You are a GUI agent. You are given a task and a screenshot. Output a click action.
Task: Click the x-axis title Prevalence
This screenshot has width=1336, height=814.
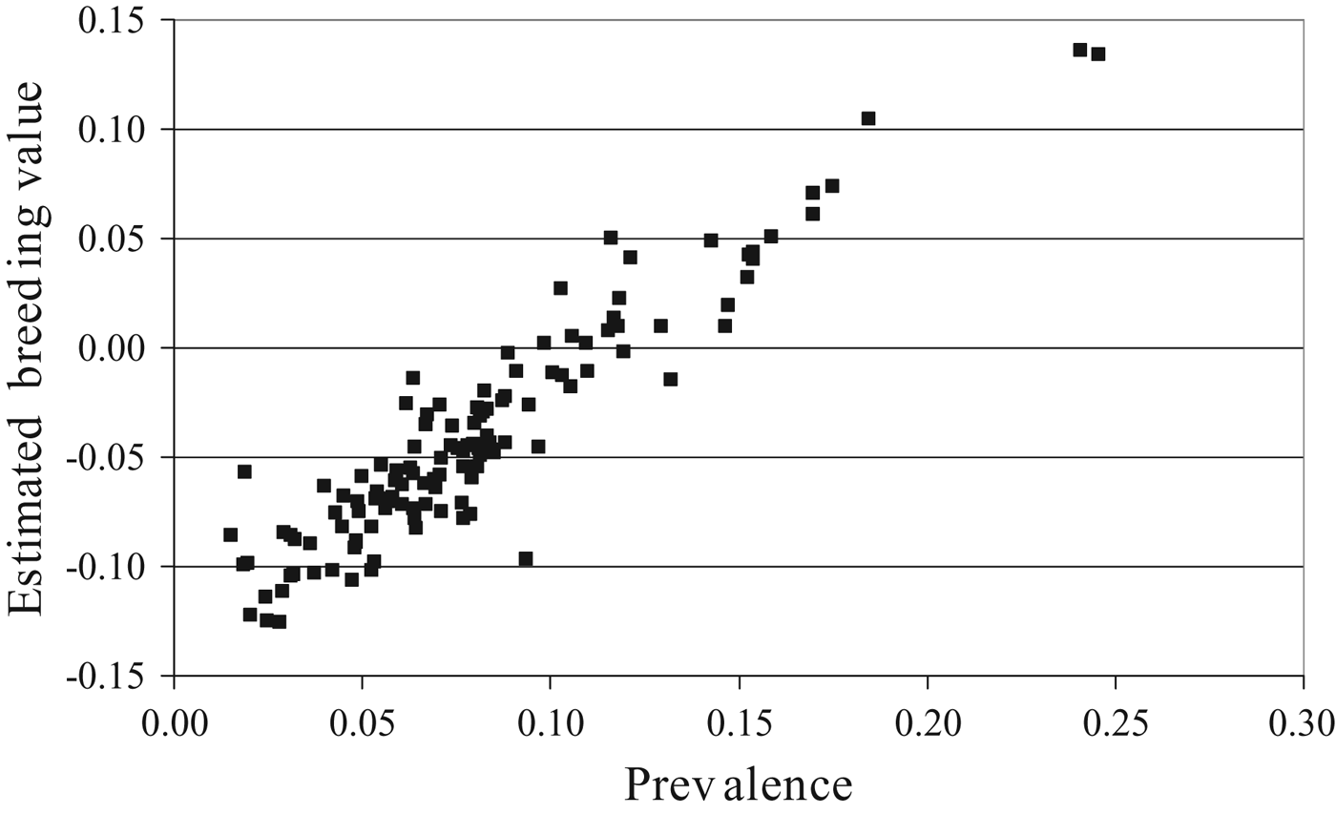pyautogui.click(x=738, y=784)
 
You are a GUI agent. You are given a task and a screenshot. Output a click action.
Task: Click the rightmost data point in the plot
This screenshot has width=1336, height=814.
pyautogui.click(x=1098, y=54)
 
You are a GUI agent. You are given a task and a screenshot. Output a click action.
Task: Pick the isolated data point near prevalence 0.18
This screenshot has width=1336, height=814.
pyautogui.click(x=868, y=118)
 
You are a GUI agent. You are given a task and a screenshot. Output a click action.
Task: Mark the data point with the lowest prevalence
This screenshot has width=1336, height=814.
pyautogui.click(x=230, y=534)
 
